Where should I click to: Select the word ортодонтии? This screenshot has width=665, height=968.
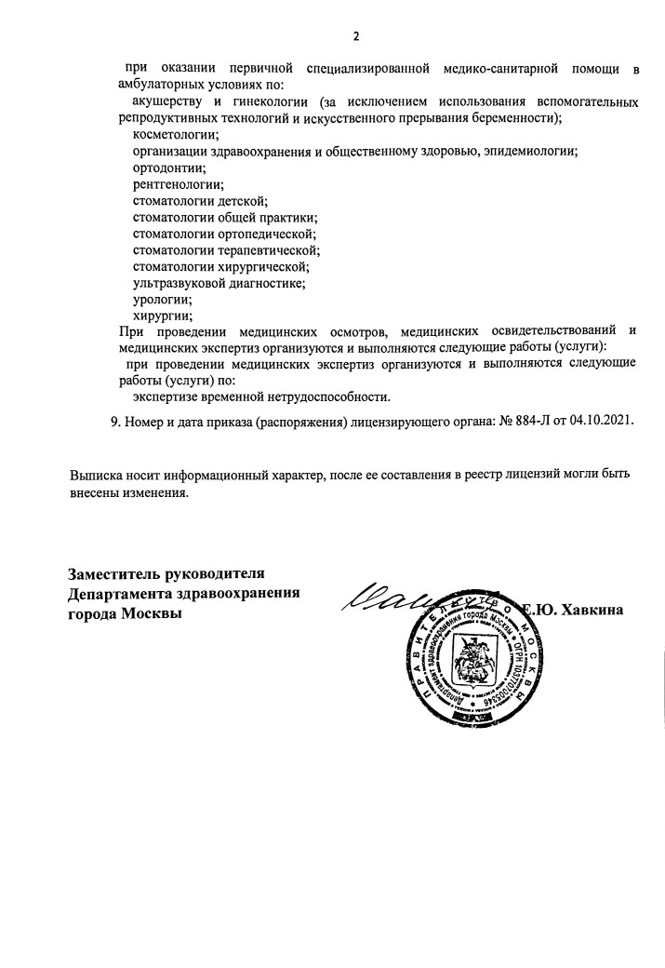tap(168, 168)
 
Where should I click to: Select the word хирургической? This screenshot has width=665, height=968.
tap(266, 267)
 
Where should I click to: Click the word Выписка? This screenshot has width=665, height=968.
tap(99, 475)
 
